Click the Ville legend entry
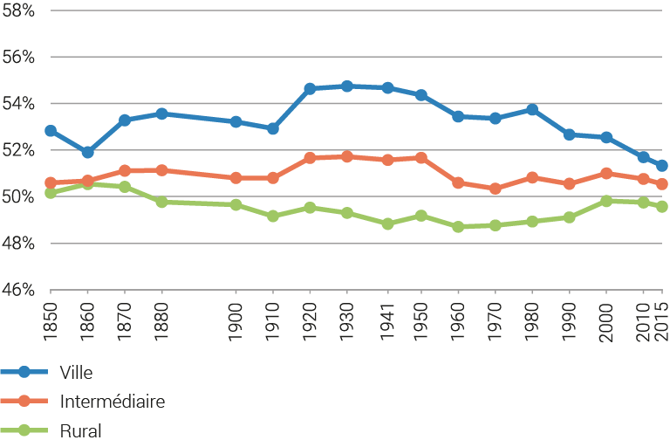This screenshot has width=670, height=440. pyautogui.click(x=78, y=372)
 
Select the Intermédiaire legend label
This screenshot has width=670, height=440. pyautogui.click(x=113, y=401)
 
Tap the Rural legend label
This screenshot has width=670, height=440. pyautogui.click(x=80, y=430)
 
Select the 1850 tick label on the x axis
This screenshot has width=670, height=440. pyautogui.click(x=51, y=312)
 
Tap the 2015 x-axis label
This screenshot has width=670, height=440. pyautogui.click(x=661, y=312)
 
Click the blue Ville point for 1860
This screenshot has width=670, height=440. pyautogui.click(x=87, y=152)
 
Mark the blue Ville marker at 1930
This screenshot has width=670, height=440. pyautogui.click(x=347, y=86)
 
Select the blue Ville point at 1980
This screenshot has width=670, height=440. pyautogui.click(x=532, y=109)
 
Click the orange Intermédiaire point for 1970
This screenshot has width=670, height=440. pyautogui.click(x=496, y=189)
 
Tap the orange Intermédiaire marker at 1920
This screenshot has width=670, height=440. pyautogui.click(x=310, y=158)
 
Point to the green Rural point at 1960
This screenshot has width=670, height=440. pyautogui.click(x=458, y=227)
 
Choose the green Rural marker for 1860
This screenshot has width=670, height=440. pyautogui.click(x=87, y=184)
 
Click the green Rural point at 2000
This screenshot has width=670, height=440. pyautogui.click(x=606, y=201)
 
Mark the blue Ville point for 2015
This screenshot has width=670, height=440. pyautogui.click(x=661, y=166)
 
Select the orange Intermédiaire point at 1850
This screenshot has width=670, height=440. pyautogui.click(x=51, y=182)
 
